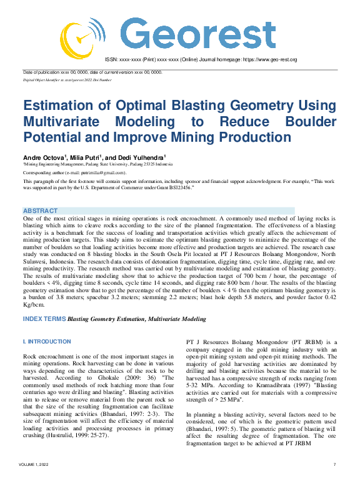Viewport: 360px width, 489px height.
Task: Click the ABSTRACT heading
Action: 40,211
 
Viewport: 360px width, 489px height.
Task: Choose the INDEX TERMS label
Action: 44,319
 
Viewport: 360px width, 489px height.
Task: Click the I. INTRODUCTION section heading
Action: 47,342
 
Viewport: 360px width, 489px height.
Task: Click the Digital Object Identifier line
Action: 67,80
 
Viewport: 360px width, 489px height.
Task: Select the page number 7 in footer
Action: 335,482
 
